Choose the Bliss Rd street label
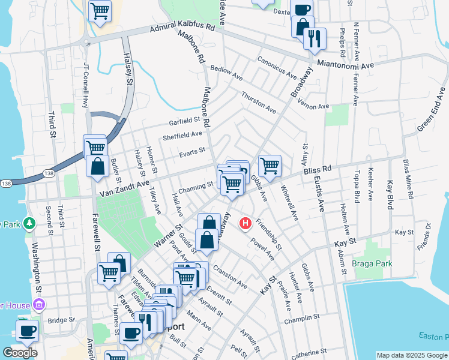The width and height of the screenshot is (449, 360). coord(318,172)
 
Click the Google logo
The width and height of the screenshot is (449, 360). coord(19,353)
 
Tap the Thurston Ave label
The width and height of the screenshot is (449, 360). coord(259,103)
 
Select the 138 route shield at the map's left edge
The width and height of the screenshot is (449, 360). coord(6,183)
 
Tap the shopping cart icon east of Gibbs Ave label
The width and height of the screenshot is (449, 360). coord(270,165)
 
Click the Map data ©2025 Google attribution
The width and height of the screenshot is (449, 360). coord(412,355)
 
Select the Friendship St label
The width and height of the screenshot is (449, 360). coord(268,234)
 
